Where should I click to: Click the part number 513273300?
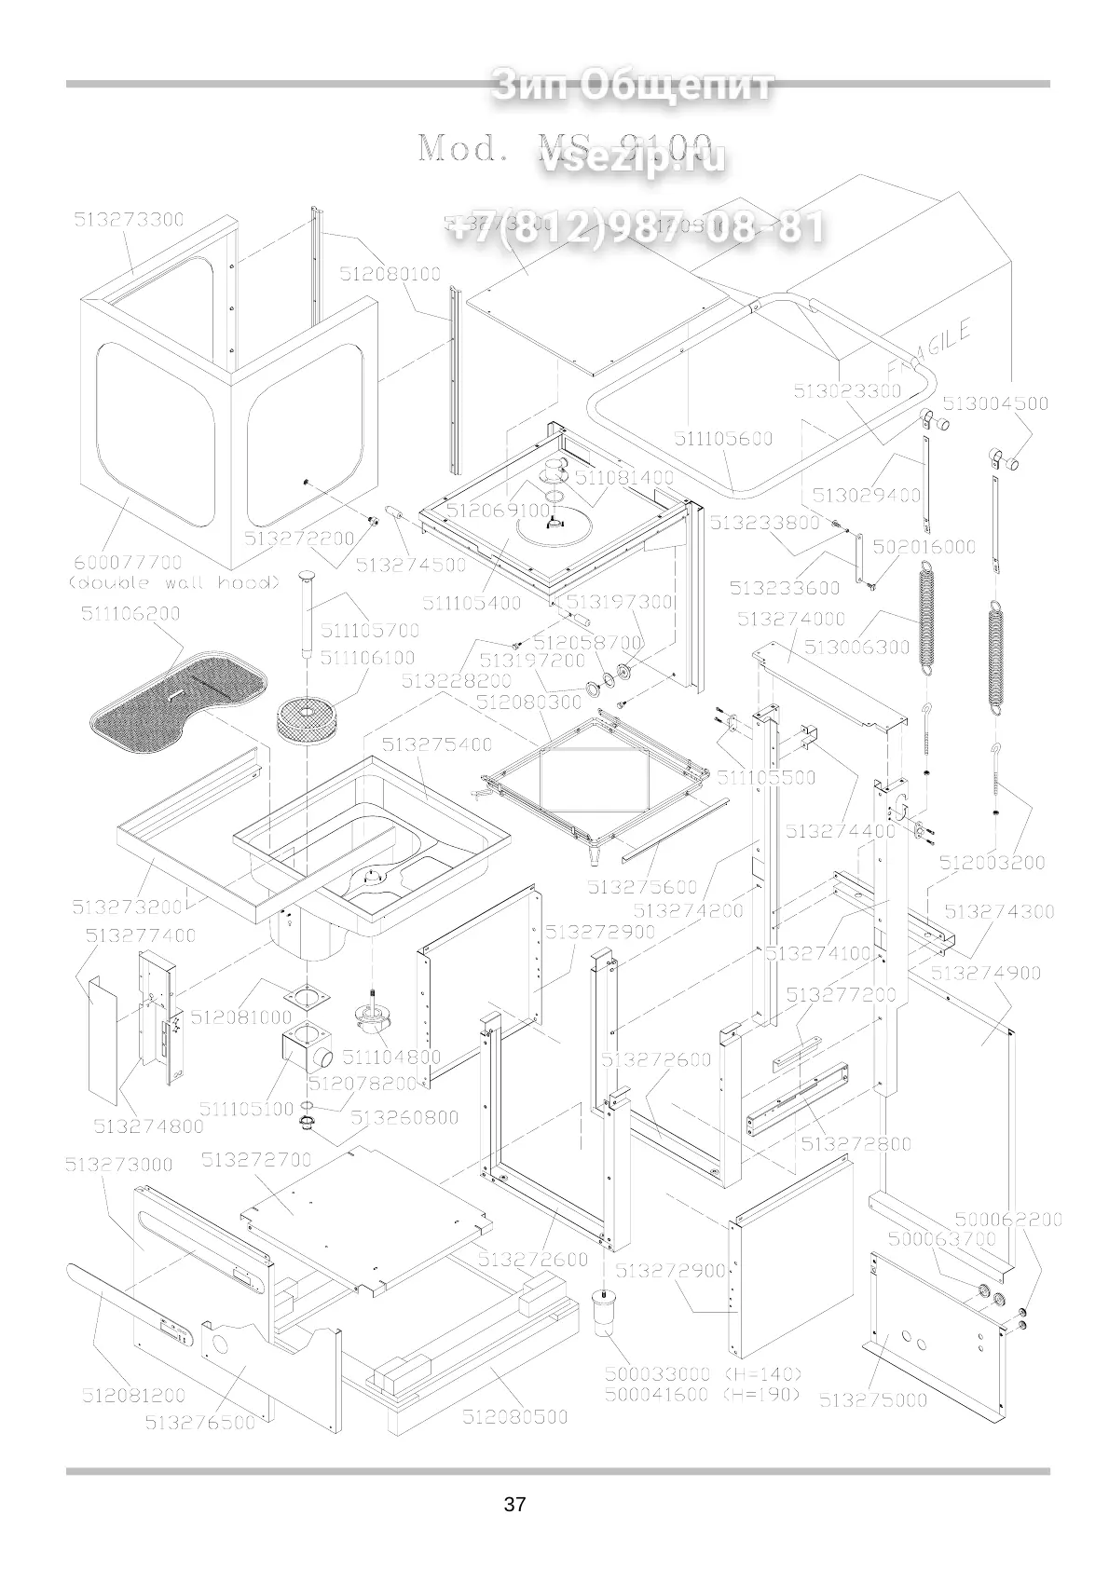[129, 220]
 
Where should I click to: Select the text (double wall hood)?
[173, 583]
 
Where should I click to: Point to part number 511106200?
[130, 614]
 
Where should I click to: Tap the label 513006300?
[856, 647]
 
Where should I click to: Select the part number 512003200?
[992, 863]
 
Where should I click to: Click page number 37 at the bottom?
[514, 1504]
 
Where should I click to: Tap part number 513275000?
[872, 1426]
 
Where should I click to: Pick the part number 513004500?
[995, 403]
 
